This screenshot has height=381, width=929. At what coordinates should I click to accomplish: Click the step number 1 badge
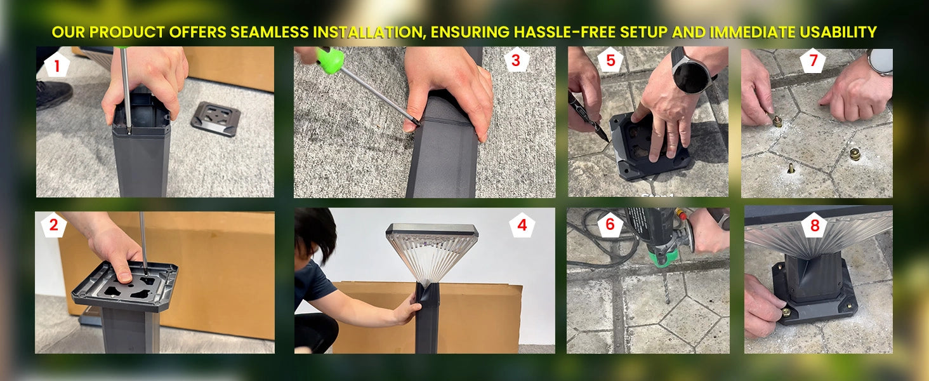point(57,65)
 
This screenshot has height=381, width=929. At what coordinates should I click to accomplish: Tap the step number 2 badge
point(54,225)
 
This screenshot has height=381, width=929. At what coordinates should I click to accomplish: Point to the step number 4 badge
point(522,225)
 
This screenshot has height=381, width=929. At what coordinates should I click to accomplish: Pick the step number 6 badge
point(610,225)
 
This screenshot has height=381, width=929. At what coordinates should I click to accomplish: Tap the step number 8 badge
point(815,225)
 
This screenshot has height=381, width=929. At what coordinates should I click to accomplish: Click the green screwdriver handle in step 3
point(330,60)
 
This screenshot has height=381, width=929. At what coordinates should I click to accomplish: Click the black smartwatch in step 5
point(690,72)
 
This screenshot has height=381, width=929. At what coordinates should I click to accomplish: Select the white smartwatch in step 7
point(880,62)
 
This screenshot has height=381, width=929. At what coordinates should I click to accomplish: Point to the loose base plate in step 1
point(216,119)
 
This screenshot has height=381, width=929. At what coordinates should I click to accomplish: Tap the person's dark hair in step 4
point(316,232)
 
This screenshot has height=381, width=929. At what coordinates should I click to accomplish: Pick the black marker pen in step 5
point(588,117)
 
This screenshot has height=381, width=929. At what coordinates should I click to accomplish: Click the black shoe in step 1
point(54,94)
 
